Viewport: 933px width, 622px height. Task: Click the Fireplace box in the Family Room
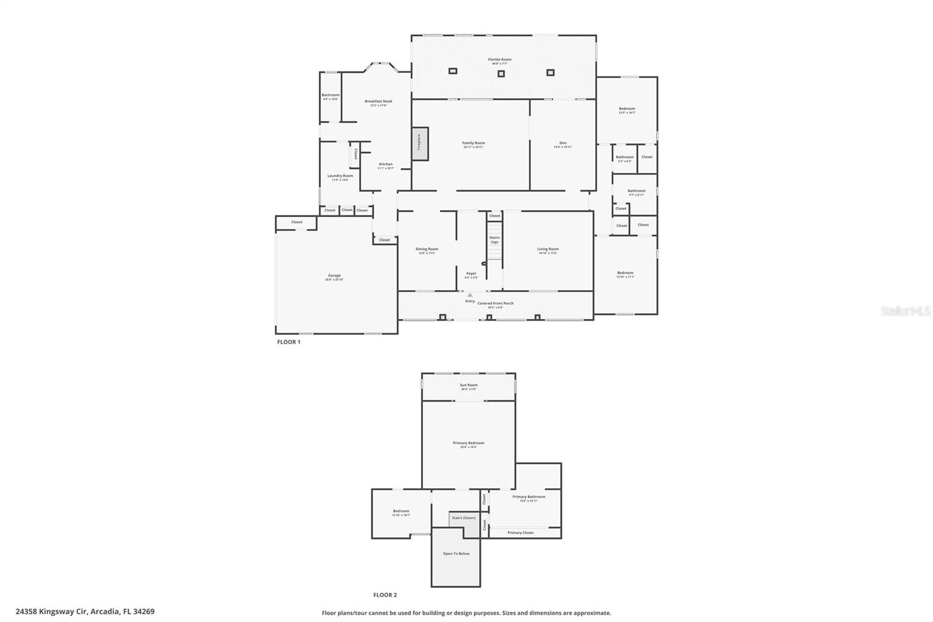[x=420, y=144]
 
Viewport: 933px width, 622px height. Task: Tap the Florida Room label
[x=500, y=60]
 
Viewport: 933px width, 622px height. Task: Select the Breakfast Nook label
[x=378, y=102]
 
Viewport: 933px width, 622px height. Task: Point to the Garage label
[x=334, y=276]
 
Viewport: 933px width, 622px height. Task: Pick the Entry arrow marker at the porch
[x=470, y=295]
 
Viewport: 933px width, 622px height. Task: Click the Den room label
[x=563, y=143]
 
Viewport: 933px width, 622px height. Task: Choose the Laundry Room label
[x=340, y=176]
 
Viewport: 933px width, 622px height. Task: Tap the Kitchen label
[x=385, y=165]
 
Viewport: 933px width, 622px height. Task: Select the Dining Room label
[x=427, y=249]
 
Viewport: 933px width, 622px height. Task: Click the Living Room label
[x=548, y=249]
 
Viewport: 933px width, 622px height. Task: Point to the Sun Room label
[x=468, y=385]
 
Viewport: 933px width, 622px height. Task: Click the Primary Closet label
[x=520, y=533]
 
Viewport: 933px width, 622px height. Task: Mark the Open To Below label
[x=456, y=554]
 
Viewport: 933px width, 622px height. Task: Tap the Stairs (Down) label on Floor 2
[x=464, y=518]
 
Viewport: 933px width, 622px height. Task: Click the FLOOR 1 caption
[x=289, y=342]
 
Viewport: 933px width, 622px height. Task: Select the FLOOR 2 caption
[x=385, y=595]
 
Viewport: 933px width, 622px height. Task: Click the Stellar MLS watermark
[x=905, y=312]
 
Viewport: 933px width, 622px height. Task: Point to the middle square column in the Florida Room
[x=500, y=74]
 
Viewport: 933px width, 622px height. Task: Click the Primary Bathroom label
[x=529, y=497]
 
